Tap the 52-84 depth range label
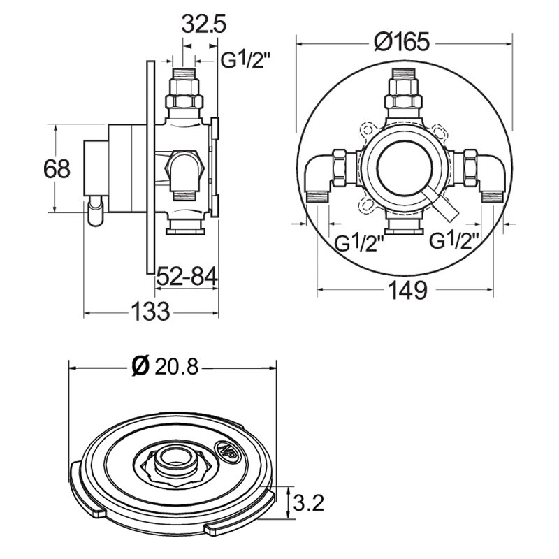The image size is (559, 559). point(185,277)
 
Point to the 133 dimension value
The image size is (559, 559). point(150,310)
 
